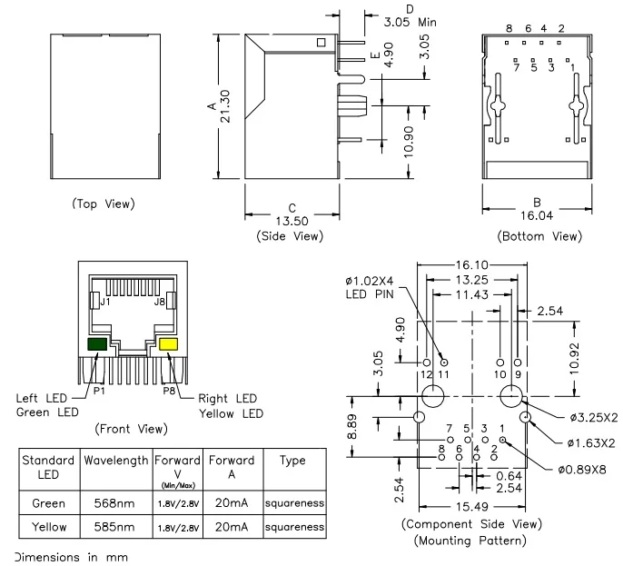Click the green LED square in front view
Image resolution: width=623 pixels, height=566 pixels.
(x=95, y=344)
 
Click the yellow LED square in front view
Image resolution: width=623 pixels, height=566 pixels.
(x=168, y=344)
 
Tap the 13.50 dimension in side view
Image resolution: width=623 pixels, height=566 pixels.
(x=292, y=221)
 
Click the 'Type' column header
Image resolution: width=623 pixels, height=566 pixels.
(x=292, y=461)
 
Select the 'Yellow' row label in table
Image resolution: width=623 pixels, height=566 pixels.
(x=48, y=525)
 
